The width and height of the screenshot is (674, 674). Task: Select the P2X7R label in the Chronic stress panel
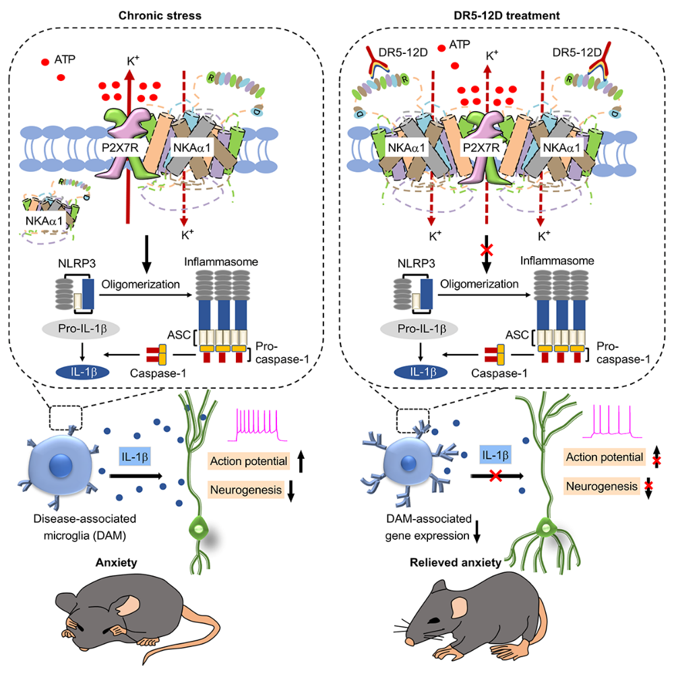(x=121, y=144)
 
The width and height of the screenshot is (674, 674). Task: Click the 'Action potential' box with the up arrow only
(x=247, y=460)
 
